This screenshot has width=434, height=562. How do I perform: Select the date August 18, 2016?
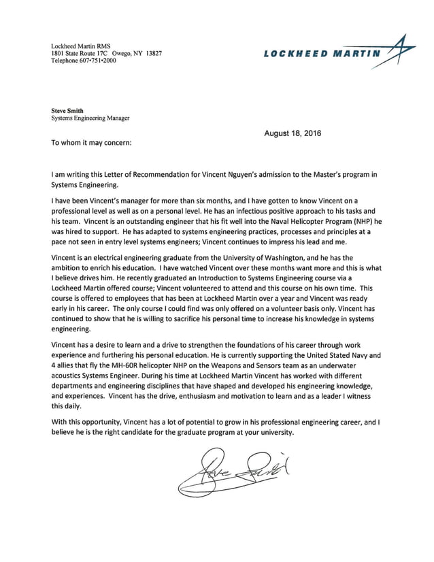click(293, 133)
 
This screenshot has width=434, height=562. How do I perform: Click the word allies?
click(70, 365)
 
